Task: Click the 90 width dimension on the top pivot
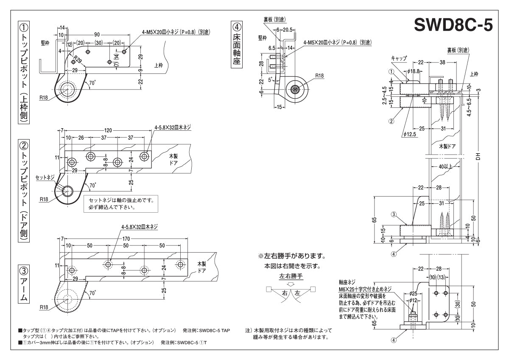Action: coord(97,34)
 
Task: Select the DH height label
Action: coord(478,156)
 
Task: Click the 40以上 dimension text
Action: coord(445,166)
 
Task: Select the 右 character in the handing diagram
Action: coord(285,293)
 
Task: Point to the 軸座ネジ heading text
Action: coord(347,281)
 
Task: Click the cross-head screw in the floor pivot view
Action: coord(295,89)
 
